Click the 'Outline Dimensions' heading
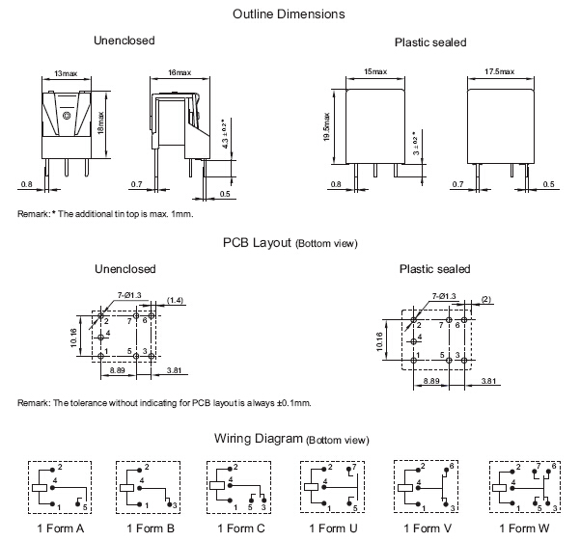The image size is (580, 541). pos(290,14)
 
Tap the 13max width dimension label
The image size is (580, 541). pos(67,73)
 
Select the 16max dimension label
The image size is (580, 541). pos(180,73)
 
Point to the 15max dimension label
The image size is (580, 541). pos(375,73)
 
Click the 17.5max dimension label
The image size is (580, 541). pos(500,73)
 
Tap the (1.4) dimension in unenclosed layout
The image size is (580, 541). pos(175,302)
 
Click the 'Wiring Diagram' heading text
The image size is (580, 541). pos(259,439)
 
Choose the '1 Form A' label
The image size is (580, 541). pos(60,528)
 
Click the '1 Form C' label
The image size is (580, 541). pos(241,528)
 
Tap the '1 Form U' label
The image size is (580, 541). pos(332,528)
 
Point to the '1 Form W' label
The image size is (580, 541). pos(523,528)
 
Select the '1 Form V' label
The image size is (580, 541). pos(427,528)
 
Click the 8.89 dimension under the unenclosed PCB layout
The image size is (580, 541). pos(117,370)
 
